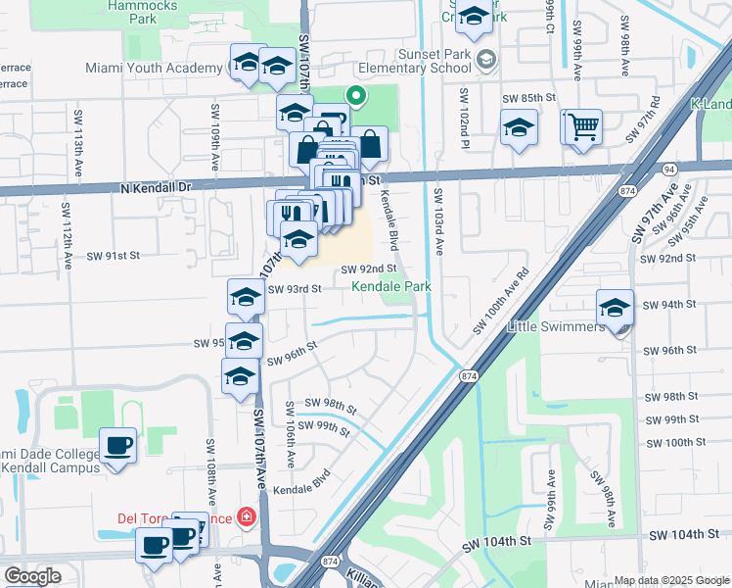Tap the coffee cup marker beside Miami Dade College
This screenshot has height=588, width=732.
click(x=117, y=447)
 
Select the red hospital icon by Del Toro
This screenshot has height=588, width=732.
click(x=247, y=516)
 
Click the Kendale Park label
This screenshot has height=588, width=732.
click(x=391, y=286)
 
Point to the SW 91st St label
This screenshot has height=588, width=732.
click(x=114, y=255)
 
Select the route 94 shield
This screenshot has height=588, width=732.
click(x=669, y=169)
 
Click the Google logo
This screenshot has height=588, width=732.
click(x=32, y=576)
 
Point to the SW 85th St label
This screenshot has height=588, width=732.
click(x=528, y=99)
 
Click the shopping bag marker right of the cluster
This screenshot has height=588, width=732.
click(x=371, y=145)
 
